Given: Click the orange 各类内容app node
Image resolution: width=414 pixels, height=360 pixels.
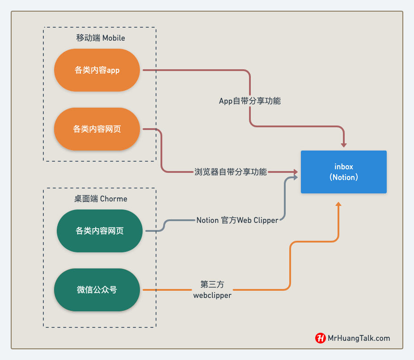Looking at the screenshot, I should [x=97, y=70].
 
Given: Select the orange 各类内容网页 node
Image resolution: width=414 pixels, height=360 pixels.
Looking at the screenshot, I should [x=97, y=129].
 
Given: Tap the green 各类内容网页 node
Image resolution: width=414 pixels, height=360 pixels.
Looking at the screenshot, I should [x=100, y=231].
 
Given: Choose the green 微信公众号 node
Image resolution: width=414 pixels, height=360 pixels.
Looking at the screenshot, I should [x=97, y=290].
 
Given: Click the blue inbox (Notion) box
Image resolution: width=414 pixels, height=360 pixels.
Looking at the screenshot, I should [x=343, y=172].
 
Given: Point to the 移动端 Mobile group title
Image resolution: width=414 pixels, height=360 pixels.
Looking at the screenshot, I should [x=101, y=38].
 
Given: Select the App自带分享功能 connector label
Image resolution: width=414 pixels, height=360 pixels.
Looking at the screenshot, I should [x=249, y=101].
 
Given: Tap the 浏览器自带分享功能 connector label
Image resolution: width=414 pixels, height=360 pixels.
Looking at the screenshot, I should [x=231, y=172].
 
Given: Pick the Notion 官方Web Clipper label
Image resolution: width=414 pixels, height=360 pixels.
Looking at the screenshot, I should [x=237, y=220].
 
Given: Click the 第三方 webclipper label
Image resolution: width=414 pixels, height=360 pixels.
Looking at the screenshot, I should [x=212, y=289].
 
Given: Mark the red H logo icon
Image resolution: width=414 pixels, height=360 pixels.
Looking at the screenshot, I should [x=320, y=338].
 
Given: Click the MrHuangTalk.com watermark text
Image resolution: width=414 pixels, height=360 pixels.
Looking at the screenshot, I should [x=359, y=338].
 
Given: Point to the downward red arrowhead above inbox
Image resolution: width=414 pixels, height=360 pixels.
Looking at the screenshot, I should [x=344, y=144].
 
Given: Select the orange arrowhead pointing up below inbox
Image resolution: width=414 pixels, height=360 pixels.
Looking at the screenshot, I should [x=338, y=204].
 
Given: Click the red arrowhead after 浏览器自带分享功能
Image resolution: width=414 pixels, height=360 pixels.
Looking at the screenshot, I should [x=295, y=172].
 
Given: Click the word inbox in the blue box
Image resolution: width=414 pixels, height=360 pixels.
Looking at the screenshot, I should [x=344, y=167].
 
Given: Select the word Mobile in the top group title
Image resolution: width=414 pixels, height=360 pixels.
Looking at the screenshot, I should [x=114, y=38].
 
